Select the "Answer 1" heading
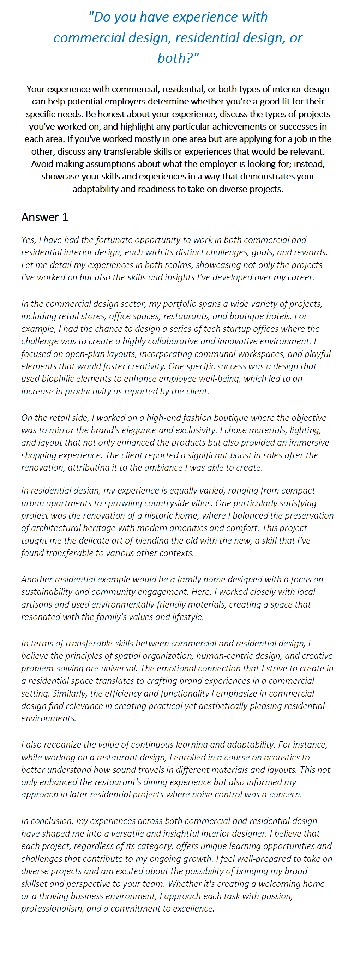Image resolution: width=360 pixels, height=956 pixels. click(x=44, y=217)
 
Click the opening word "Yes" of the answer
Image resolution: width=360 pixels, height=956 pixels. click(x=28, y=240)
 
